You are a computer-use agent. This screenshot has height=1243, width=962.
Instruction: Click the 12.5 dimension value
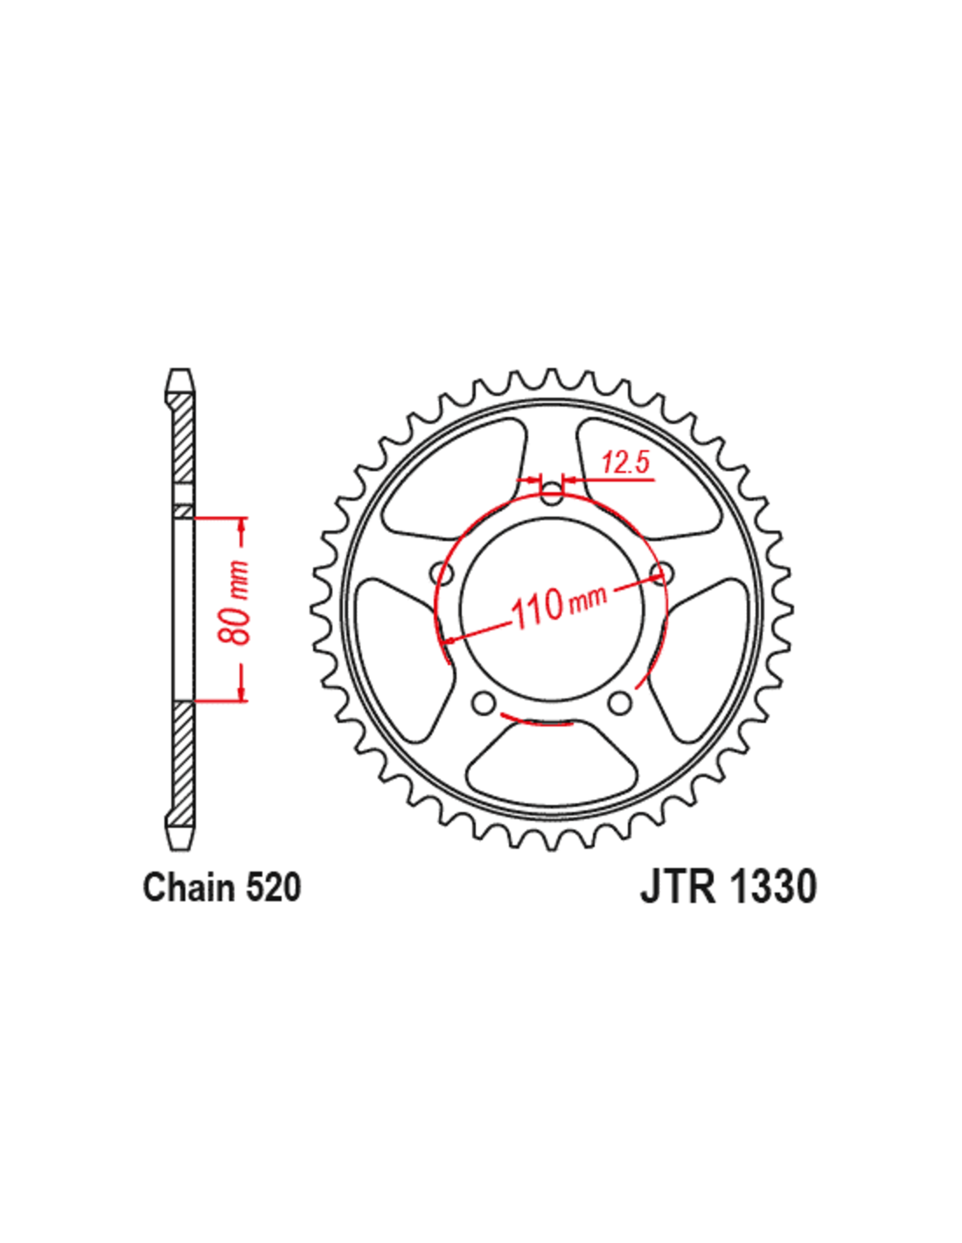tap(626, 462)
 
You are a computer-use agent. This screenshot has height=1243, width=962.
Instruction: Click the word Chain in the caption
tap(189, 887)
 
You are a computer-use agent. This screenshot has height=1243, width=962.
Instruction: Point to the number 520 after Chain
tap(273, 887)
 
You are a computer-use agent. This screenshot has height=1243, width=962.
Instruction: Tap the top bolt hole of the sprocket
tap(552, 495)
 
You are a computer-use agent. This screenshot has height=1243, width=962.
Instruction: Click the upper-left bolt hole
tap(443, 574)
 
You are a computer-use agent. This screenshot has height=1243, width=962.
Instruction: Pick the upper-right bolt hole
tap(662, 573)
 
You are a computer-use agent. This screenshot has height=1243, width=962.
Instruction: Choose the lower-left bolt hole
tap(483, 703)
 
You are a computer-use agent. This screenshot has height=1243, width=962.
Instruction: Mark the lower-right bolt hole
tap(620, 703)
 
